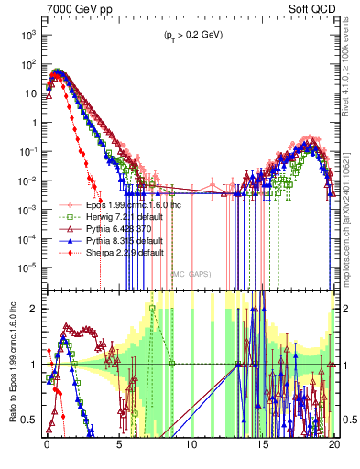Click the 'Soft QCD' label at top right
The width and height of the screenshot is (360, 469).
click(x=313, y=8)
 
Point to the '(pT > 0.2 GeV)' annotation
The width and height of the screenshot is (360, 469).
click(x=190, y=35)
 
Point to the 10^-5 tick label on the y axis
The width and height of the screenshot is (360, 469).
click(x=27, y=267)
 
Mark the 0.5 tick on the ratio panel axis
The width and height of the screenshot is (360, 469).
click(x=31, y=420)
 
